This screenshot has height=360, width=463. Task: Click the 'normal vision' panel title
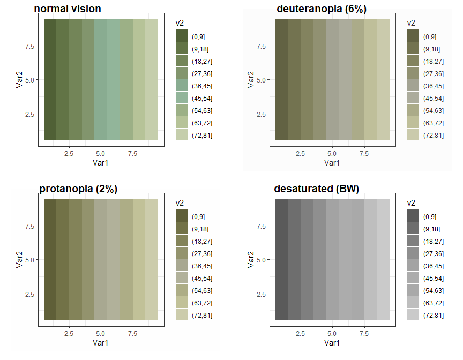[68, 9]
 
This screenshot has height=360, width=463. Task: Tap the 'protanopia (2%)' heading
[78, 189]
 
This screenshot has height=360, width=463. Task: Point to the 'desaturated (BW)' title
[316, 189]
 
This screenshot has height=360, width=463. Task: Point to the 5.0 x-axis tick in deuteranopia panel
[332, 153]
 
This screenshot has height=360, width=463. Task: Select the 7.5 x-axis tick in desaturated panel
[364, 333]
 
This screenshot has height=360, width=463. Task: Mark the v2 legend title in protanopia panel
[180, 203]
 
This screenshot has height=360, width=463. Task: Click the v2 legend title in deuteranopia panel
[411, 23]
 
